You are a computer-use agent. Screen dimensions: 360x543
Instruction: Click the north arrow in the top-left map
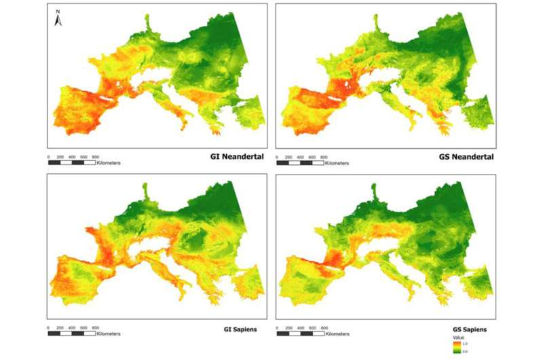(58, 21)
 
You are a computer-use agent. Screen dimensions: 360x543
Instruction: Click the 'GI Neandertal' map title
(236, 157)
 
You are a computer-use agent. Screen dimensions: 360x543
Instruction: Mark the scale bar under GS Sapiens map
(299, 334)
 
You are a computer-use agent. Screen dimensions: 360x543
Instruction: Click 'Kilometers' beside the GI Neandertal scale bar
(109, 164)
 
